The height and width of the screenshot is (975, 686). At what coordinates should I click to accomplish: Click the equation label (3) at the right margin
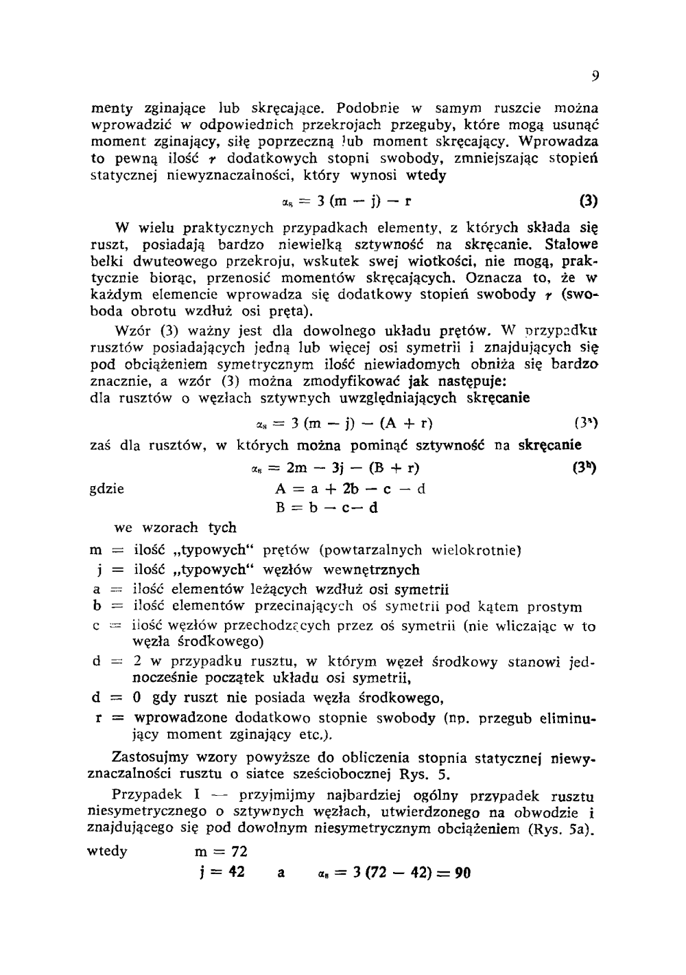[589, 202]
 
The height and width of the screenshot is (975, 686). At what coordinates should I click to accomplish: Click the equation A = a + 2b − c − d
[350, 489]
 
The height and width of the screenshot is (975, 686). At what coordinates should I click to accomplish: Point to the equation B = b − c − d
[327, 508]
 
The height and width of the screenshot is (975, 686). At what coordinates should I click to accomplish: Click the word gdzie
[108, 489]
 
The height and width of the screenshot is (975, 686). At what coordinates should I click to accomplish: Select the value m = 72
[221, 852]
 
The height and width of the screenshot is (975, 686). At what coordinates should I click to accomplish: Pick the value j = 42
[221, 873]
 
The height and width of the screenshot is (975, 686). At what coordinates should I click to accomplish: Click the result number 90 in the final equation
[463, 873]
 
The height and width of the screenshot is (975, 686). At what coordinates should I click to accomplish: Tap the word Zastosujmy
[149, 758]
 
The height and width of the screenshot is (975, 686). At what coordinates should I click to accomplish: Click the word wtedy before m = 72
[108, 851]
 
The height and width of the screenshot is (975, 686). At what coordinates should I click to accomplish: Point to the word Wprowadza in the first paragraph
[559, 141]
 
